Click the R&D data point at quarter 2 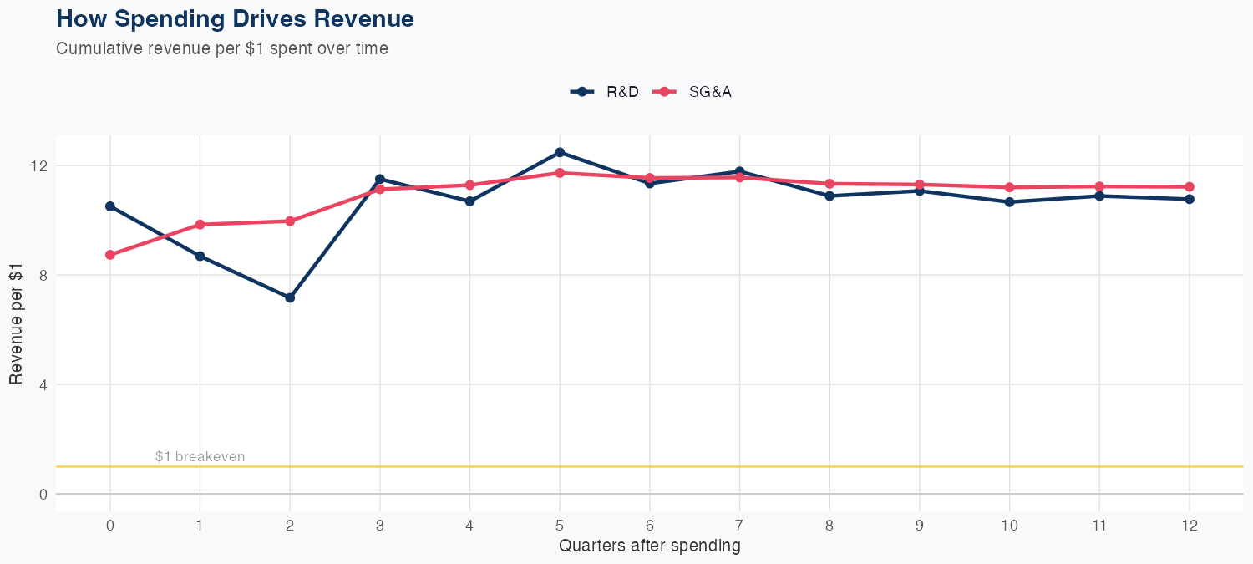(x=290, y=297)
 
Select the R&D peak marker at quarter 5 (x=560, y=152)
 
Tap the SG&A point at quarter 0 (x=110, y=255)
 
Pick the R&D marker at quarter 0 (x=110, y=206)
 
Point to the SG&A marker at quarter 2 (x=290, y=221)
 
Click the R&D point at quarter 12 (x=1189, y=199)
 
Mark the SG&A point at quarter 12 (x=1189, y=187)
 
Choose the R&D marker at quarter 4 (x=469, y=201)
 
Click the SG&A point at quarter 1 (x=200, y=225)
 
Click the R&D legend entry (x=605, y=92)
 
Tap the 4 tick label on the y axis (x=43, y=384)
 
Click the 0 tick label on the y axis (x=43, y=494)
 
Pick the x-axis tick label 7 (x=739, y=526)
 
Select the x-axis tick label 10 (x=1009, y=526)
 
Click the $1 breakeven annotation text (x=200, y=456)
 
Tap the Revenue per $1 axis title (x=16, y=330)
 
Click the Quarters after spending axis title (x=649, y=546)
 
